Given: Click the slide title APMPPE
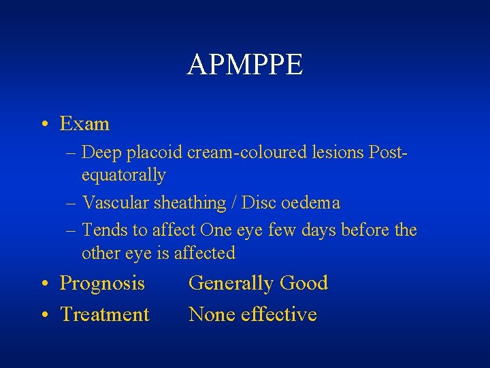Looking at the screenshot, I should click(x=245, y=65).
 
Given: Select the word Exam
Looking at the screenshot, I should click(x=84, y=124).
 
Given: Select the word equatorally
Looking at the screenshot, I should click(x=123, y=176).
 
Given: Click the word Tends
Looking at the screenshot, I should click(x=103, y=230).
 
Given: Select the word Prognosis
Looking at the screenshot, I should click(x=102, y=283).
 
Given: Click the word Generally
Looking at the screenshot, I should click(x=231, y=283).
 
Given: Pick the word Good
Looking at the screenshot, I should click(x=304, y=283).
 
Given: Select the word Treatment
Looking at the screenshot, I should click(x=105, y=315).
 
